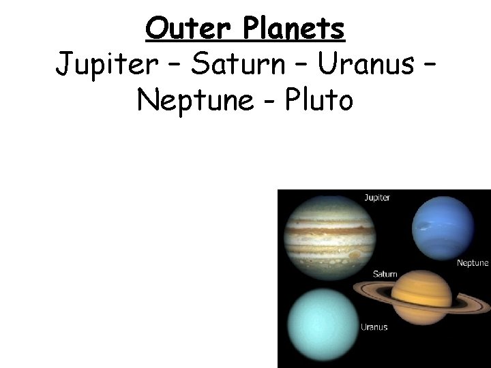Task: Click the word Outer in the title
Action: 179,29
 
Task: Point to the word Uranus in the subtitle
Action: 365,65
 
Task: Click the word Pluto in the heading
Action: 319,100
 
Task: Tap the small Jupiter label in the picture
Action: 376,198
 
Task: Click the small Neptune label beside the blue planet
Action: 472,262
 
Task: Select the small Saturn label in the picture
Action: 385,274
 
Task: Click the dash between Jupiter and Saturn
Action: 170,67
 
